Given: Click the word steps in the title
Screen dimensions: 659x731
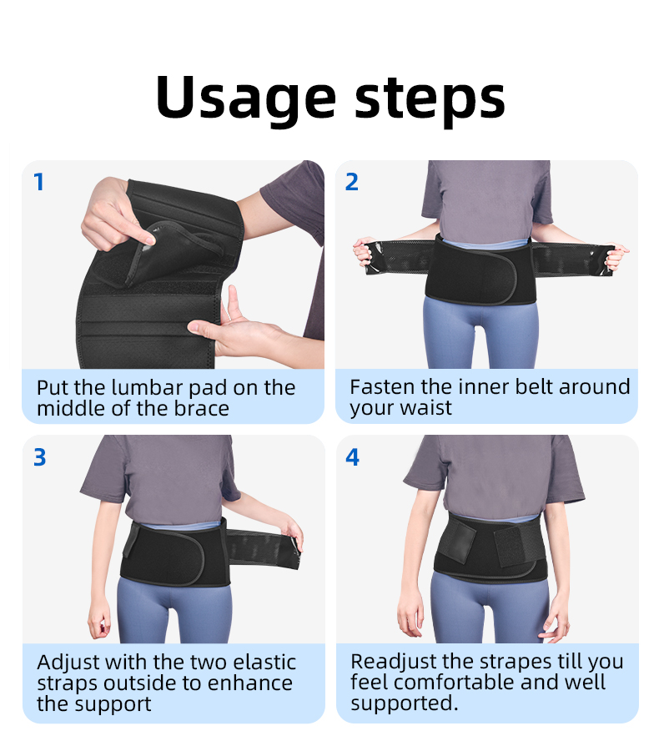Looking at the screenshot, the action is point(430,100).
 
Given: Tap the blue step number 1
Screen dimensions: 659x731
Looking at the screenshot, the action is point(39,182).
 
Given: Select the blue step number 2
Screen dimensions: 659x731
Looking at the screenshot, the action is point(352,182).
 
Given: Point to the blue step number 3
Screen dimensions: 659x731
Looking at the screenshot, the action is point(39,457).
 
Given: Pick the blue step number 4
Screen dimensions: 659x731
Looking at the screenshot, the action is point(352,457).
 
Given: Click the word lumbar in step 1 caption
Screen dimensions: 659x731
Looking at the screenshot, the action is point(148,388).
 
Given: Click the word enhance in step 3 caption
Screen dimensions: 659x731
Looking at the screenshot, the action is point(249,683).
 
